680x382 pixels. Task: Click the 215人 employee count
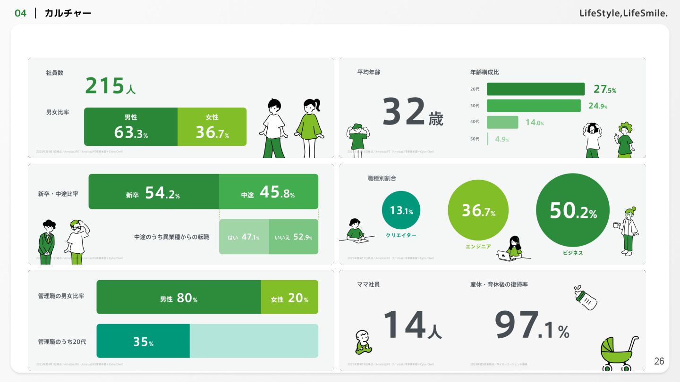(x=110, y=86)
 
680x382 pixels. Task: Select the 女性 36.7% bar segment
(x=212, y=127)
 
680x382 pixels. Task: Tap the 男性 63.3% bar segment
(x=131, y=127)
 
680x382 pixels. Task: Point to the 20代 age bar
(x=535, y=89)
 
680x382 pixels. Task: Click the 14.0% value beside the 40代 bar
(x=535, y=123)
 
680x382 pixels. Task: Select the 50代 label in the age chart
(x=475, y=139)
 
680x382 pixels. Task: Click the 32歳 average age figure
(x=412, y=112)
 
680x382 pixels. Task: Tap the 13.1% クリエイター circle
(x=401, y=210)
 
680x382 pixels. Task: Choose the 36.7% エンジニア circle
(x=478, y=210)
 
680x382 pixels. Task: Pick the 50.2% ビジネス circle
(x=573, y=210)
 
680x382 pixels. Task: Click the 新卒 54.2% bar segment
(x=153, y=192)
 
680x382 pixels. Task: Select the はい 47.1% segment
(x=244, y=237)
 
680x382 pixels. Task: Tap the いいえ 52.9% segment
(x=293, y=237)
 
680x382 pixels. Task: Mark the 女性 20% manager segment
(x=289, y=298)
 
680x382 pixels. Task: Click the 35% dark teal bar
(x=143, y=341)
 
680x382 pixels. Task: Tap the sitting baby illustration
(x=363, y=342)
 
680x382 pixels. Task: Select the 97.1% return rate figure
(x=532, y=325)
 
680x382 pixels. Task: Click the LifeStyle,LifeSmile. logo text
(x=623, y=13)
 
